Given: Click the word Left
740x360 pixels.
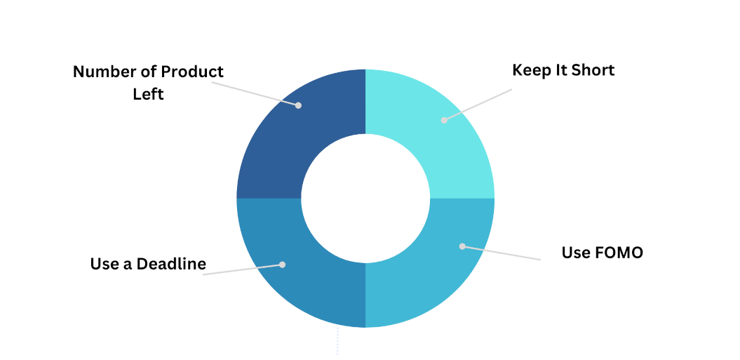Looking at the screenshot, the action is [148, 94].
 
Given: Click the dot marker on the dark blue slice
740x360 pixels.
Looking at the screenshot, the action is [298, 105].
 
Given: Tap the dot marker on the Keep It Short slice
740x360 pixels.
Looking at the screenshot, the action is [444, 120].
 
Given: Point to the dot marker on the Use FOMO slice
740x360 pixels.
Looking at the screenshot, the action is [462, 246].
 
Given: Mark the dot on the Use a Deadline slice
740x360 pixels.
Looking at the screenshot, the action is [282, 265].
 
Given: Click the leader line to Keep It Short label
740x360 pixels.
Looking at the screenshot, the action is [478, 105].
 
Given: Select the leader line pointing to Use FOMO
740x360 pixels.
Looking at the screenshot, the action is [502, 253].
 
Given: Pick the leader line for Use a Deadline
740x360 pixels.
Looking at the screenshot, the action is [243, 269].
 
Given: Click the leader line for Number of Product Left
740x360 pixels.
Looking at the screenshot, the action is [255, 93].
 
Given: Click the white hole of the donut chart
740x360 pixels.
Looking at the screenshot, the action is [365, 199].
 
